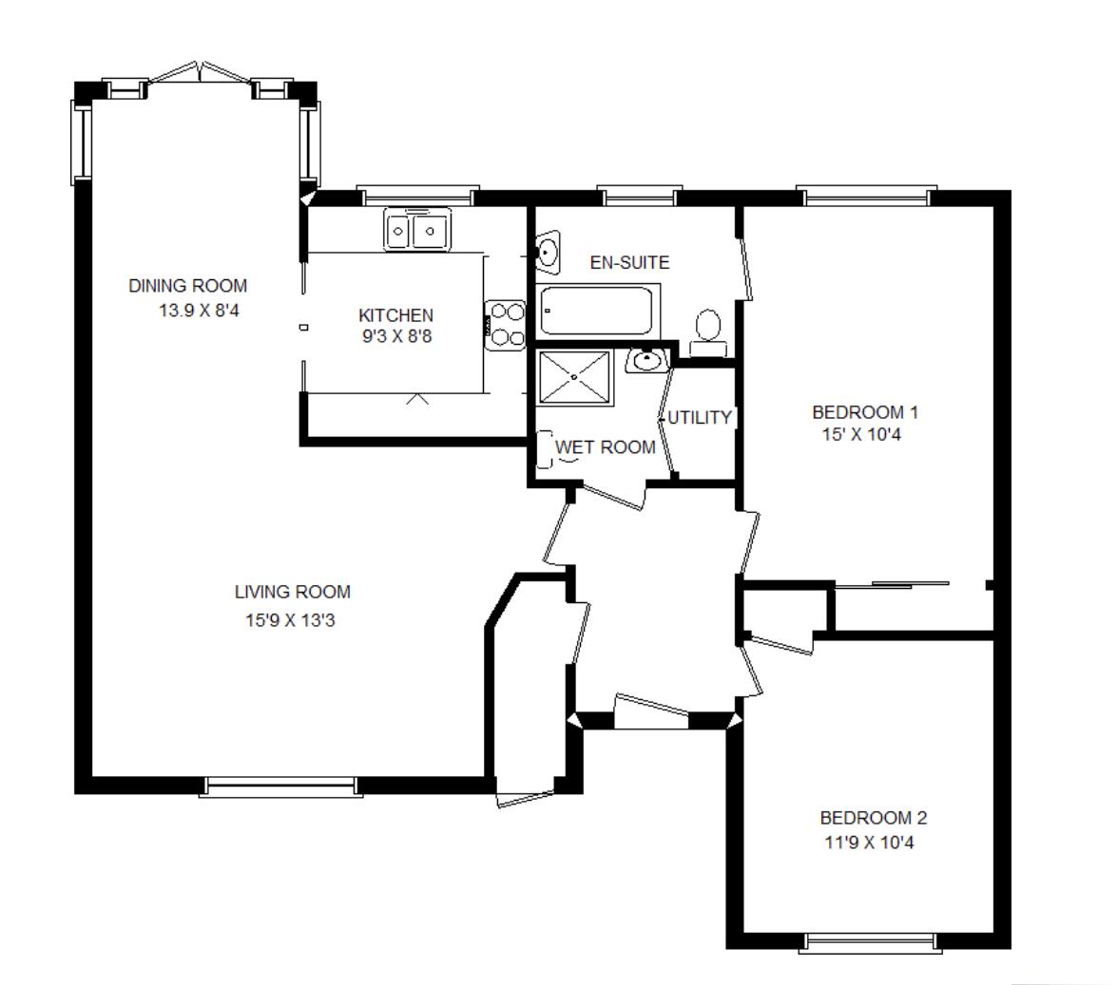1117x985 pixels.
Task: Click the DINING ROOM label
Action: pos(187,285)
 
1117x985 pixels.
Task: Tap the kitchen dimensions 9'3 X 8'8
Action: pos(395,335)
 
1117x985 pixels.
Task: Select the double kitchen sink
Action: pos(418,230)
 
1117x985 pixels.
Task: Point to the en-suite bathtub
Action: pos(597,309)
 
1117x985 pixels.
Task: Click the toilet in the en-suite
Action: pos(708,329)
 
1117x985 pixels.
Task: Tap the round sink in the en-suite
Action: pos(548,252)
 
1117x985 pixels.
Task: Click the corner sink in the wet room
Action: pos(647,361)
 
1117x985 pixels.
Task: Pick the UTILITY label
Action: pos(700,418)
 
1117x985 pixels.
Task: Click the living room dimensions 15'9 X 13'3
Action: pos(292,621)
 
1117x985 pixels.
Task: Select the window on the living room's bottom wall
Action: pos(280,786)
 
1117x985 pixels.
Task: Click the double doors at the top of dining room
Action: pos(200,75)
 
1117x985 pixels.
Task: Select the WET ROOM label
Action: pos(606,447)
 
